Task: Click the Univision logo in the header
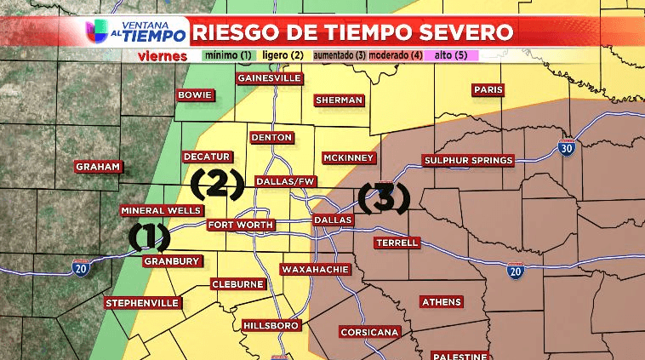point(96,31)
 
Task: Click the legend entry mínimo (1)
point(228,56)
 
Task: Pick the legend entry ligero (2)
point(283,56)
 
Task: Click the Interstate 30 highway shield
point(567,146)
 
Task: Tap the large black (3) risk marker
point(384,197)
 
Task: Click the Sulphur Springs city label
point(469,160)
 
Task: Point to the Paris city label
point(488,89)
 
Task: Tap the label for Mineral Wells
point(162,210)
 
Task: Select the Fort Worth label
point(241,225)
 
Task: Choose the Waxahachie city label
point(315,269)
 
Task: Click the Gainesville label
point(269,78)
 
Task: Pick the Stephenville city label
point(142,303)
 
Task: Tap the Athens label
point(442,301)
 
